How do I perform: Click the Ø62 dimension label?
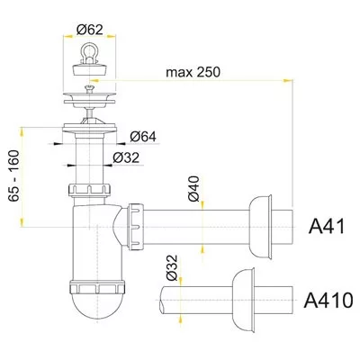pyautogui.click(x=89, y=29)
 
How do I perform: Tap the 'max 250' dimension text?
pyautogui.click(x=193, y=72)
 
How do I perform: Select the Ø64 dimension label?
pyautogui.click(x=143, y=137)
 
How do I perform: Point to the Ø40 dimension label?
pyautogui.click(x=193, y=188)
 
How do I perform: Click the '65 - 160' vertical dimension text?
pyautogui.click(x=13, y=175)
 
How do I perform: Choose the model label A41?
pyautogui.click(x=327, y=227)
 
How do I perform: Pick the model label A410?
pyautogui.click(x=328, y=300)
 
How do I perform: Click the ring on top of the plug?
pyautogui.click(x=89, y=49)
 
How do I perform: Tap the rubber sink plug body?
pyautogui.click(x=89, y=67)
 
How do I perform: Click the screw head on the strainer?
pyautogui.click(x=89, y=88)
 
